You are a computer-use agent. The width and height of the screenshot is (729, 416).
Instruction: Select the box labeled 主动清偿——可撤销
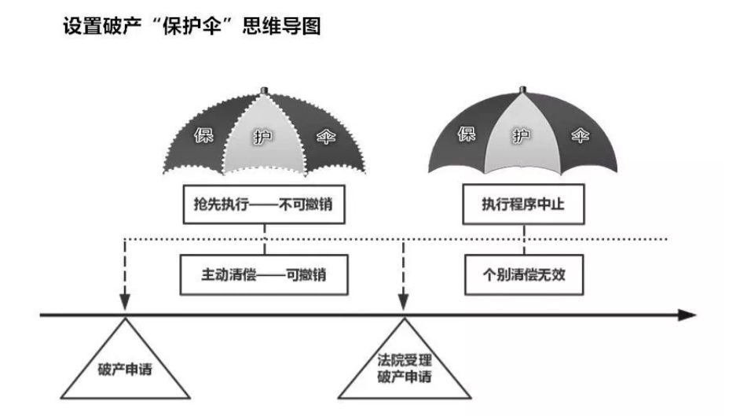264,274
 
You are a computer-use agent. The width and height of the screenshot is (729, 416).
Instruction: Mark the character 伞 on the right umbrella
581,134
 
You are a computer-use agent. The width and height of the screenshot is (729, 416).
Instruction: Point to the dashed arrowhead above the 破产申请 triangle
124,302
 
